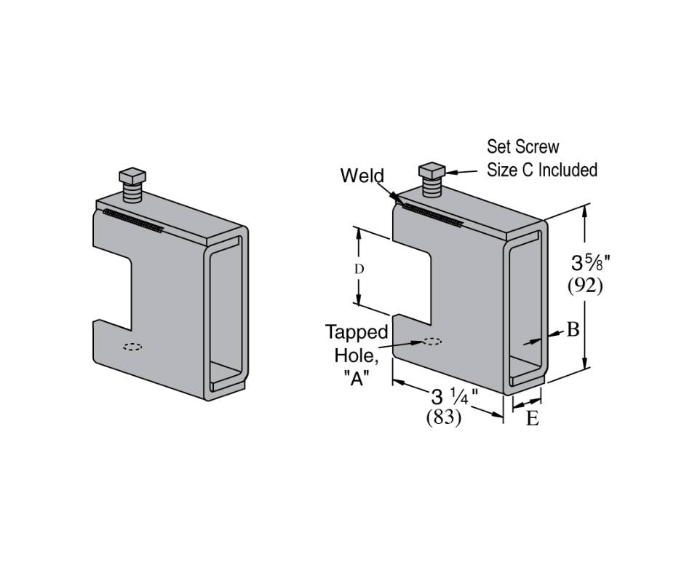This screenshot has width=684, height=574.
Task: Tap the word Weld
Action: click(x=362, y=176)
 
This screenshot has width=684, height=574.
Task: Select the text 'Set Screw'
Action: click(x=522, y=146)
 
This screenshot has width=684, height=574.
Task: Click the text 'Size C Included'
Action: click(x=541, y=170)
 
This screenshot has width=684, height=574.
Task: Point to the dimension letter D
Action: click(x=359, y=269)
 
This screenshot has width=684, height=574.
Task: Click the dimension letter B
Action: click(x=573, y=330)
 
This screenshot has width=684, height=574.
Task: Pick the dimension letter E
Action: click(x=532, y=419)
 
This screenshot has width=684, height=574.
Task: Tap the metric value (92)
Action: click(x=585, y=286)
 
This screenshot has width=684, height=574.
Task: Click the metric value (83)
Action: click(x=444, y=419)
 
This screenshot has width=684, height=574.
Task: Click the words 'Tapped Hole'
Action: click(x=357, y=344)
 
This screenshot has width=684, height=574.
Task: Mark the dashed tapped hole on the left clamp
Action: click(x=132, y=346)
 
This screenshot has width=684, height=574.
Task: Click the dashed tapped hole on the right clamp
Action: click(x=432, y=342)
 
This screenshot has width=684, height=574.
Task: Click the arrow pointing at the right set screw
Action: click(x=458, y=172)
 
